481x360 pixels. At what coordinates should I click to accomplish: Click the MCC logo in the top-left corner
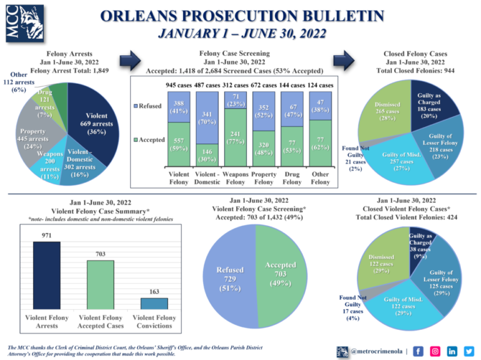click(19, 23)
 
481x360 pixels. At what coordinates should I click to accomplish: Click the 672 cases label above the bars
click(264, 85)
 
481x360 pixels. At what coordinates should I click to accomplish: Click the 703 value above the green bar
click(100, 255)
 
